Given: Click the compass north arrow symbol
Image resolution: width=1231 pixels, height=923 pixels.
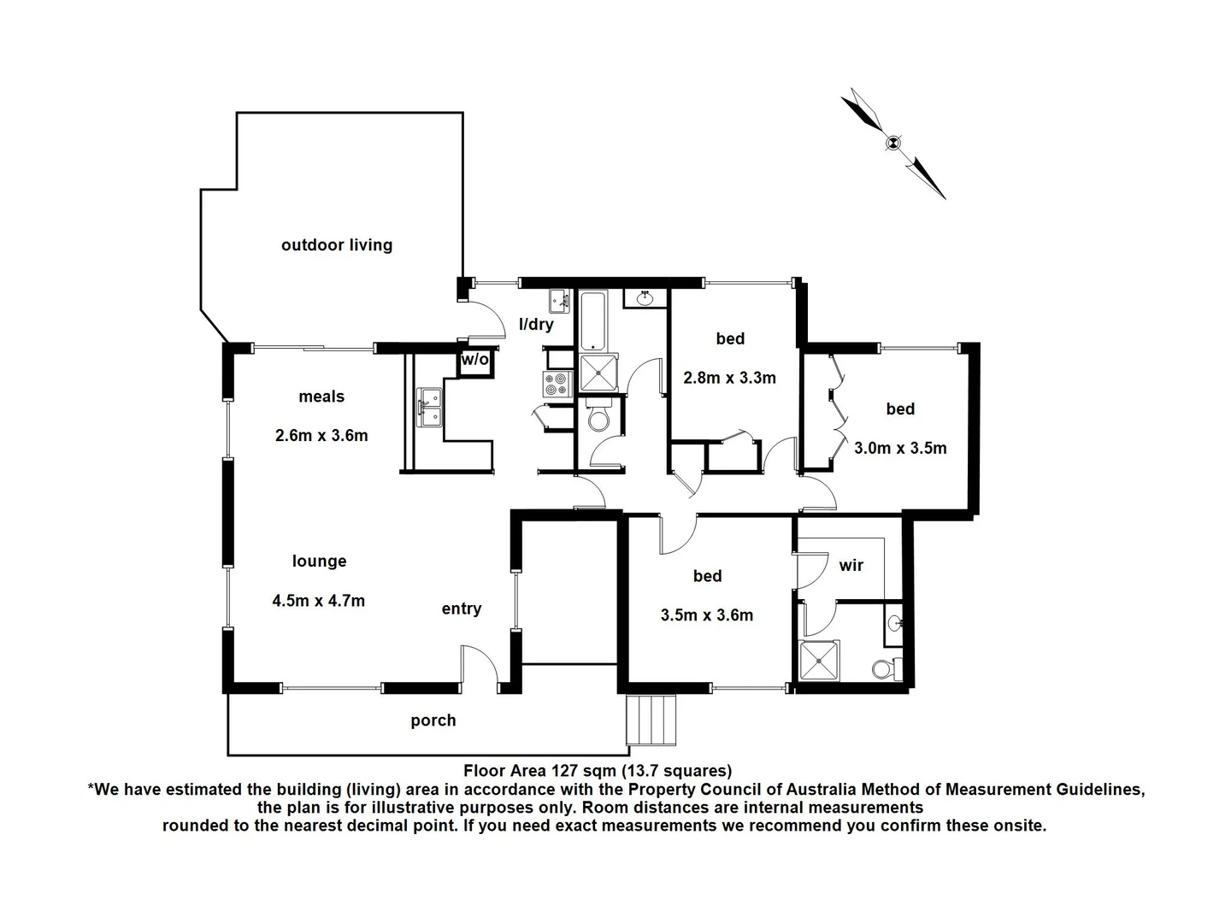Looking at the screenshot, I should pyautogui.click(x=893, y=144).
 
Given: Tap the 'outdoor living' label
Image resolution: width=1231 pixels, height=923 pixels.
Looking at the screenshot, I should pyautogui.click(x=337, y=245).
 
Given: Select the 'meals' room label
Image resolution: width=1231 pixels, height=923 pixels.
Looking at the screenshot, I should pyautogui.click(x=321, y=397).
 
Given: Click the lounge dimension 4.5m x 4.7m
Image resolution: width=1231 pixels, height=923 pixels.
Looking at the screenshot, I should pyautogui.click(x=318, y=601).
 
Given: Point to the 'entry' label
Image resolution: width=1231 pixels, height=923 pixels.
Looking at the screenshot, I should pyautogui.click(x=461, y=608).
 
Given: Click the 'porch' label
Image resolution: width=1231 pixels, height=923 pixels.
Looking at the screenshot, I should pyautogui.click(x=433, y=720).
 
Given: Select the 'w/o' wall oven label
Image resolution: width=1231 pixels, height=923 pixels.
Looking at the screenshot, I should pyautogui.click(x=474, y=360).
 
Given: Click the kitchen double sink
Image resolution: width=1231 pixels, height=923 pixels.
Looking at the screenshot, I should pyautogui.click(x=429, y=408).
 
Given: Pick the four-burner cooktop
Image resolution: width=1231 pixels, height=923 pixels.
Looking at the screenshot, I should pyautogui.click(x=556, y=384).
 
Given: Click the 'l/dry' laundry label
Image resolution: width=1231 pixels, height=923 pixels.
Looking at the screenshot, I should pyautogui.click(x=536, y=325).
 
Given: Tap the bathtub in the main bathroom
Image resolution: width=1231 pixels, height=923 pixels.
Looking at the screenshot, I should pyautogui.click(x=592, y=320).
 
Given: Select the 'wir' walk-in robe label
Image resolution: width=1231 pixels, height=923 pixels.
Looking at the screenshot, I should pyautogui.click(x=851, y=565).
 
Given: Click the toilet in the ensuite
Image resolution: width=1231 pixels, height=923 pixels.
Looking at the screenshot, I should pyautogui.click(x=886, y=669).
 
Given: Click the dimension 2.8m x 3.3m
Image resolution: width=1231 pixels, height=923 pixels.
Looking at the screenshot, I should pyautogui.click(x=729, y=378).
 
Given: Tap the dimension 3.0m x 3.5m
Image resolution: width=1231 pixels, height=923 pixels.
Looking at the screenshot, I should pyautogui.click(x=900, y=448).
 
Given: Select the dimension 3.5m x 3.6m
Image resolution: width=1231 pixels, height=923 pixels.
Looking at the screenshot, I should pyautogui.click(x=706, y=615).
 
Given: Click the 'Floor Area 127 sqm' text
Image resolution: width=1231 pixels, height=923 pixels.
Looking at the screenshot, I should pyautogui.click(x=597, y=771).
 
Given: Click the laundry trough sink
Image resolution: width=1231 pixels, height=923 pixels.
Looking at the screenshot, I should pyautogui.click(x=561, y=301).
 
